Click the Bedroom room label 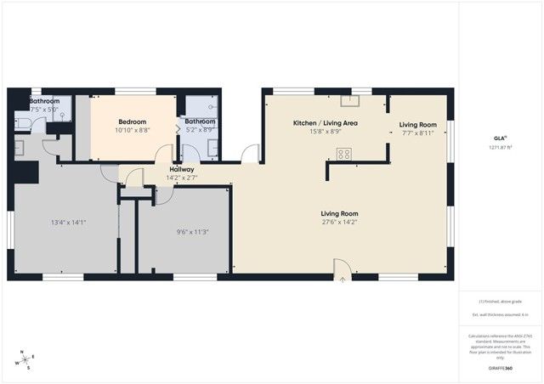tap(133, 121)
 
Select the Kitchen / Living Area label tap(325, 123)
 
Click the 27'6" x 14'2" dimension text tap(339, 223)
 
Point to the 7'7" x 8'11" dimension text tap(417, 133)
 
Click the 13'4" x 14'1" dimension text tap(69, 223)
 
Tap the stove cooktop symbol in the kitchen tap(344, 154)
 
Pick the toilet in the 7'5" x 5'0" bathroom tap(21, 124)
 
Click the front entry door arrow tap(342, 278)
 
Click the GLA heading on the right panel tap(500, 138)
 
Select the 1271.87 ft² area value tap(500, 148)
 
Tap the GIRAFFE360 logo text tap(500, 368)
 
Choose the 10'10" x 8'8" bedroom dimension tap(133, 130)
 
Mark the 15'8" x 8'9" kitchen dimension tap(325, 132)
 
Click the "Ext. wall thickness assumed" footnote tap(500, 315)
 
